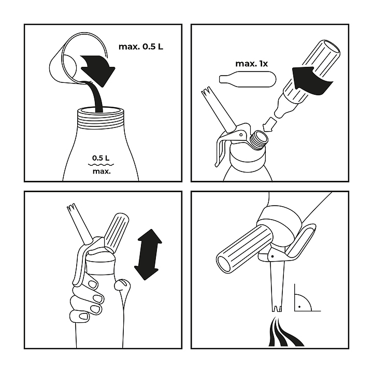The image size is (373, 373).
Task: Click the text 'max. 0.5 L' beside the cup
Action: pyautogui.click(x=141, y=47)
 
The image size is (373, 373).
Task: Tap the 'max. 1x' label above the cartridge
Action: pyautogui.click(x=251, y=64)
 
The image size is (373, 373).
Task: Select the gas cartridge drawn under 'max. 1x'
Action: pyautogui.click(x=248, y=79)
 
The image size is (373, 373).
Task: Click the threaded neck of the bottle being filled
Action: pyautogui.click(x=102, y=118)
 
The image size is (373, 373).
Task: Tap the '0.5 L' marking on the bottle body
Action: pyautogui.click(x=101, y=158)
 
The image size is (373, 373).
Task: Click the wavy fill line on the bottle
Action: pyautogui.click(x=101, y=164)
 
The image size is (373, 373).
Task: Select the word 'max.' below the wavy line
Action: pyautogui.click(x=102, y=171)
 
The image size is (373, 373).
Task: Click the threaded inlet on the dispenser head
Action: pyautogui.click(x=259, y=140)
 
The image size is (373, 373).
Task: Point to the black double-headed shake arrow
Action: pyautogui.click(x=148, y=254)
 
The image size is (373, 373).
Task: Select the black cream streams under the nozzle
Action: pyautogui.click(x=285, y=332)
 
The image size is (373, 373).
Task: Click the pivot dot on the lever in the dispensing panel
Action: pyautogui.click(x=272, y=256)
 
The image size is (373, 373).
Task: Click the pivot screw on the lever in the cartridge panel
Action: pyautogui.click(x=241, y=135)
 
